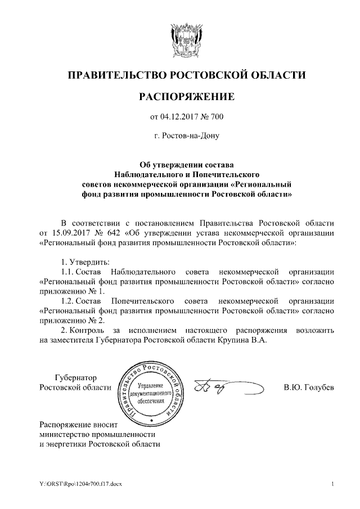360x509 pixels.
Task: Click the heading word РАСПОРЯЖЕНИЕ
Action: [186, 97]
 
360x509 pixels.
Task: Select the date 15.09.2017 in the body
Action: [70, 232]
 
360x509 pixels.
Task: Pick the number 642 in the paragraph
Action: [114, 232]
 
